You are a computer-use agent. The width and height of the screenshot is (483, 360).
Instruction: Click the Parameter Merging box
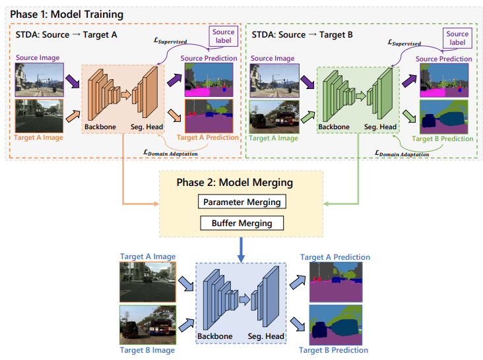[x=241, y=202]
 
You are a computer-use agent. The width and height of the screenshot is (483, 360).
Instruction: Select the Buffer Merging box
[x=241, y=223]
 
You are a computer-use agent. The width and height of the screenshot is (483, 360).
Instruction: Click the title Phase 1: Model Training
[x=67, y=15]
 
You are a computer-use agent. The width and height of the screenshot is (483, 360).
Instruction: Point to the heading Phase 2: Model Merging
[x=235, y=183]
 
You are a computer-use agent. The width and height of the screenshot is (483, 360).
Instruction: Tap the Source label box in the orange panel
[x=223, y=36]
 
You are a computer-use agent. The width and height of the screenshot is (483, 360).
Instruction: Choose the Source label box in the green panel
[x=457, y=38]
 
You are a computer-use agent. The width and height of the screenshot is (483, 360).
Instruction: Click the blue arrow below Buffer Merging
[x=241, y=249]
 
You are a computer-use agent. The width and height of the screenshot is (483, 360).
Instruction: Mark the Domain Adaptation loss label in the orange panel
[x=171, y=152]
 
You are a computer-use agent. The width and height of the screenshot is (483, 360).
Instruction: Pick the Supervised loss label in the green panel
[x=404, y=43]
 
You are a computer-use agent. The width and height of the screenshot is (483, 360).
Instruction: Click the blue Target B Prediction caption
[x=334, y=350]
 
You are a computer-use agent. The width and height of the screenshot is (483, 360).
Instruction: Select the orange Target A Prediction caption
[x=208, y=138]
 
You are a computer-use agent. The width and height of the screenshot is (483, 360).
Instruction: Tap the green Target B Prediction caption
[x=443, y=138]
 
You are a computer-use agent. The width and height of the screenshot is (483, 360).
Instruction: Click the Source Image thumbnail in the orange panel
[x=40, y=80]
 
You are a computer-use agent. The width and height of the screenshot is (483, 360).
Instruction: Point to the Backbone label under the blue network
[x=215, y=336]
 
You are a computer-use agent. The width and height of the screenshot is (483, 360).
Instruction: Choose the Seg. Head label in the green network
[x=381, y=127]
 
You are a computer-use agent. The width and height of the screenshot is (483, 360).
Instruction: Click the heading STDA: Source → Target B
[x=302, y=35]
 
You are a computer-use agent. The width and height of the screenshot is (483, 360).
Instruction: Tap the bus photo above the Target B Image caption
[x=148, y=325]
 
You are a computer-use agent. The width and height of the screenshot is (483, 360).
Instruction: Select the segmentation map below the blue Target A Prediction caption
[x=336, y=282]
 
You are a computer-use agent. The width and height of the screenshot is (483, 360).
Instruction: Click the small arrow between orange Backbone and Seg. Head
[x=126, y=94]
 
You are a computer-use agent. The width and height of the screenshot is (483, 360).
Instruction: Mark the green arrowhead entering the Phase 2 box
[x=326, y=204]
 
